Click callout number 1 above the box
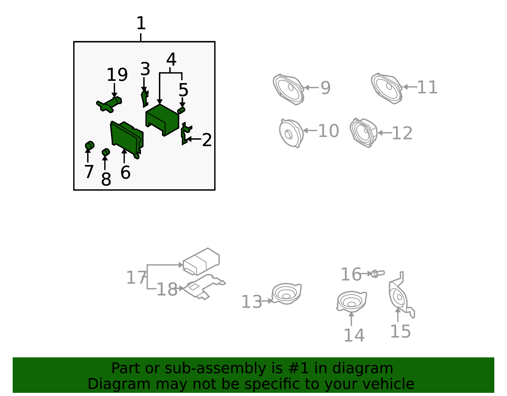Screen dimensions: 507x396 pos(141,23)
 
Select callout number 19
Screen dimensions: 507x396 pos(117,75)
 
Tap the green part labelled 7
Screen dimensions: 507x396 pos(90,146)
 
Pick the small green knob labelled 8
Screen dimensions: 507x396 pos(106,152)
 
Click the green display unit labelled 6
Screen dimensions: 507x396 pos(127,140)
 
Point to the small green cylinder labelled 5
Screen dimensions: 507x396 pos(181,110)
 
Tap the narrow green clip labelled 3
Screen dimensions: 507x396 pos(145,99)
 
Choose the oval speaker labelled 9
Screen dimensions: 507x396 pos(289,89)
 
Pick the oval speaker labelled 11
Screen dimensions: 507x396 pos(387,88)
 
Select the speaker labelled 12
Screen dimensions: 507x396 pos(363,133)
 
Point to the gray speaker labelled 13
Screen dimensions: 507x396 pos(287,294)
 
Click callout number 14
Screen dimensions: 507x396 pos(354,335)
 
